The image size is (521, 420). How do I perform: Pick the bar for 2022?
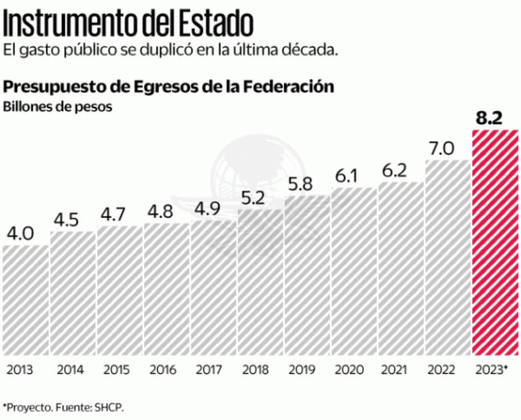coord(447,257)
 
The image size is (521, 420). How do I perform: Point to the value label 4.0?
coord(21,234)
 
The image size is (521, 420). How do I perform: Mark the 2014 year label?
coord(70,371)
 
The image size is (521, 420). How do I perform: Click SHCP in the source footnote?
coord(109,407)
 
